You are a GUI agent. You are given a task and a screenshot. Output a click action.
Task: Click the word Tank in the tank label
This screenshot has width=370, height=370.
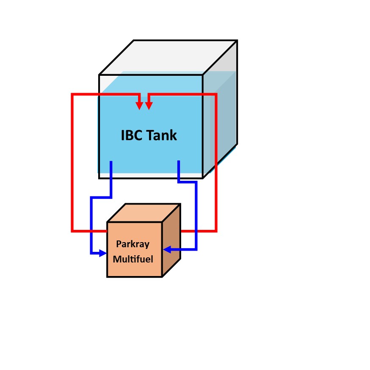tap(162, 135)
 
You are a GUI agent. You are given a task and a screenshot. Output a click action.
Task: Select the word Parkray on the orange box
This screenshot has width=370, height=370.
tap(133, 244)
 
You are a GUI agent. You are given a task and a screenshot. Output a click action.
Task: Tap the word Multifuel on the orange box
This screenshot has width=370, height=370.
tap(133, 259)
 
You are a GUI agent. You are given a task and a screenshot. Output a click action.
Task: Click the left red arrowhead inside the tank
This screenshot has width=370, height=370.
tap(139, 106)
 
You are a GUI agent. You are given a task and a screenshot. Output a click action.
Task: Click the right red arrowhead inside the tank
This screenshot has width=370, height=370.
tap(149, 106)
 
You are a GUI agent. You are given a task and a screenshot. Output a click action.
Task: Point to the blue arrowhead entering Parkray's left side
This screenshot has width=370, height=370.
tap(103, 253)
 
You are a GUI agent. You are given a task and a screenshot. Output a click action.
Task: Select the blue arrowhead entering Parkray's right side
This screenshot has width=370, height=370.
tap(167, 249)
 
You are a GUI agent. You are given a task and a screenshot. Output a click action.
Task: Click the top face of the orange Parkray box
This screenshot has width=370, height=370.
tap(144, 213)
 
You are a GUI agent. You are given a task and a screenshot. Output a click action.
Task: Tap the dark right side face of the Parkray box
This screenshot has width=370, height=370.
tap(171, 240)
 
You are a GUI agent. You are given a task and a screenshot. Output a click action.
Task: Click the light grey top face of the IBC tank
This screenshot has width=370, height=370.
tap(168, 58)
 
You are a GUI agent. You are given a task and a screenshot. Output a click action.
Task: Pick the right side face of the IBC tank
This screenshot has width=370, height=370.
tap(220, 109)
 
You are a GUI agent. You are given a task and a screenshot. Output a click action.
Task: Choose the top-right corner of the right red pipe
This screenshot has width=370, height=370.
tap(216, 94)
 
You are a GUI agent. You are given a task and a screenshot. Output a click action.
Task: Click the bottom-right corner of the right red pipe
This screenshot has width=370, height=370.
tap(216, 231)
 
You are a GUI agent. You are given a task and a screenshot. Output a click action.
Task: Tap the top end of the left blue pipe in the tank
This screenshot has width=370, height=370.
tap(111, 162)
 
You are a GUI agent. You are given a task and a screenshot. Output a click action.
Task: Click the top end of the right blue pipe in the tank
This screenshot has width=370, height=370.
tap(179, 161)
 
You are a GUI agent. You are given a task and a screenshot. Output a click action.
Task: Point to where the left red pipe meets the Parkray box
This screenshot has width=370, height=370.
tap(107, 231)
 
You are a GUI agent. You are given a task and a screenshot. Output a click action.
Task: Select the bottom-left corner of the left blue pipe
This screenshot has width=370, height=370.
tap(91, 253)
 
